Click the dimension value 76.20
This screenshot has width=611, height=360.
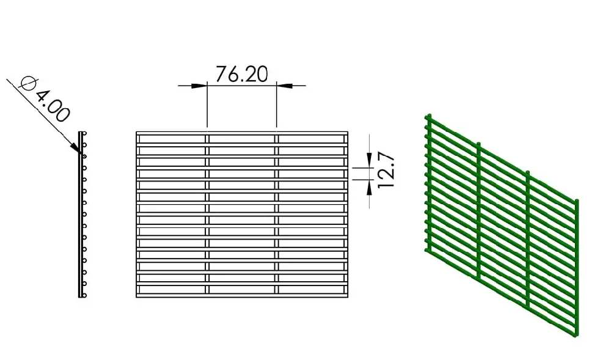(241, 74)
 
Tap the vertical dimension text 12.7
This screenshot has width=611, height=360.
(386, 172)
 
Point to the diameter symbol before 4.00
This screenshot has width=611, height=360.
(28, 83)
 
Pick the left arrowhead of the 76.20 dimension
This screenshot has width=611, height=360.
(199, 86)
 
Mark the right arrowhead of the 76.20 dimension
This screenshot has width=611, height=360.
(285, 86)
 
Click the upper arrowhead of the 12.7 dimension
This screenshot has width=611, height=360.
(370, 160)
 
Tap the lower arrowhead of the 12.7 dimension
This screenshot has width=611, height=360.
(370, 187)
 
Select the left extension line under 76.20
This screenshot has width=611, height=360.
(207, 105)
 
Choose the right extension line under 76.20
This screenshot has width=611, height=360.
(277, 105)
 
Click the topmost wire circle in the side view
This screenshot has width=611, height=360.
(84, 134)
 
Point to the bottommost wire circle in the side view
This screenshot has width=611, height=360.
(84, 295)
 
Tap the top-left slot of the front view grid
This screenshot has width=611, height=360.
(172, 139)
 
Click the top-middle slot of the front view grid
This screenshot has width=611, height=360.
(242, 139)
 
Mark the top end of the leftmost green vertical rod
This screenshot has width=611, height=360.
(430, 116)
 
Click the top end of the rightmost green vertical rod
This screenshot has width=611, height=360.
(577, 201)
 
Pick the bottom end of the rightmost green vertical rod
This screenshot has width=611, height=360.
(577, 334)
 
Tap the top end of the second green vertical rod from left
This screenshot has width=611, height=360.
(479, 144)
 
